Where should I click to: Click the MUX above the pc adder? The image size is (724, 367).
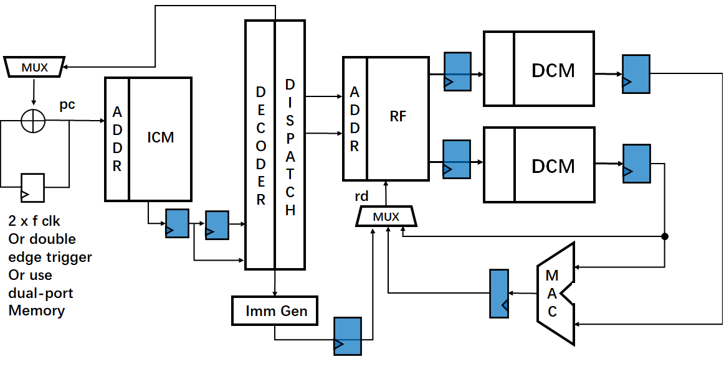click(x=34, y=67)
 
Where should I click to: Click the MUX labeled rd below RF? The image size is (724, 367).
click(x=386, y=216)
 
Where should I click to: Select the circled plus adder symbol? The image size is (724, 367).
click(x=34, y=120)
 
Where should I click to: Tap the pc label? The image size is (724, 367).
click(x=67, y=105)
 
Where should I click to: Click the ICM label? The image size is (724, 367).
click(x=160, y=137)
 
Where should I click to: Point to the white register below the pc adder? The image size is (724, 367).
click(x=32, y=187)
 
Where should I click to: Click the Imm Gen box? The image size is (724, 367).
click(x=275, y=310)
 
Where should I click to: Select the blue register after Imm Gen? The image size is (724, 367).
click(x=348, y=337)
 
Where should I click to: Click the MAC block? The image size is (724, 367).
click(x=555, y=293)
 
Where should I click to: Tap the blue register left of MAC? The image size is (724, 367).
click(x=498, y=292)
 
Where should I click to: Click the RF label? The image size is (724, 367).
click(x=398, y=116)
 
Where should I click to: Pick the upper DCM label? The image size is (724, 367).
click(x=553, y=70)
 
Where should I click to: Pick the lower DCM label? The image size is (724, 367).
click(x=553, y=166)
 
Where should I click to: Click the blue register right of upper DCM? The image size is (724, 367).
click(x=636, y=74)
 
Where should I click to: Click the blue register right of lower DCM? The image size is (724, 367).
click(x=637, y=164)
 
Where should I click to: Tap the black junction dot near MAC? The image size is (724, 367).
click(x=665, y=236)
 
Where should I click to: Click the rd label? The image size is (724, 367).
click(x=361, y=197)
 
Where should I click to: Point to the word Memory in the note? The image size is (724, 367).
click(x=37, y=310)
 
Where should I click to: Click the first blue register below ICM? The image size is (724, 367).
click(x=177, y=223)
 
